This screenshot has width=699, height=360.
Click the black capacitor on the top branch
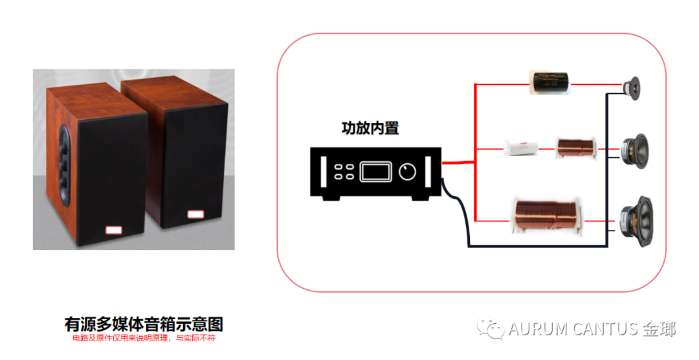pyautogui.click(x=549, y=84)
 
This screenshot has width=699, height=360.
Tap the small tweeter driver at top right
pyautogui.click(x=631, y=85)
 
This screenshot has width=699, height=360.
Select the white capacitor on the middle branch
pyautogui.click(x=521, y=149)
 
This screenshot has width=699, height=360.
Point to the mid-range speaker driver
pyautogui.click(x=633, y=151)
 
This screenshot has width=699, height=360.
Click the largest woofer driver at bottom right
pyautogui.click(x=635, y=217)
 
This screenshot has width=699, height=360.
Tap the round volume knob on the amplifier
pyautogui.click(x=408, y=172)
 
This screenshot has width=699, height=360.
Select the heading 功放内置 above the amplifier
pyautogui.click(x=370, y=128)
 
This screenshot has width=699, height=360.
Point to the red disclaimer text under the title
pyautogui.click(x=144, y=338)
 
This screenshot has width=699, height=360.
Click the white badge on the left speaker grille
pyautogui.click(x=114, y=229)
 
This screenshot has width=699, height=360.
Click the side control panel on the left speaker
pyautogui.click(x=65, y=165)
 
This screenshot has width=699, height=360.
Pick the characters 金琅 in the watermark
pyautogui.click(x=659, y=329)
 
